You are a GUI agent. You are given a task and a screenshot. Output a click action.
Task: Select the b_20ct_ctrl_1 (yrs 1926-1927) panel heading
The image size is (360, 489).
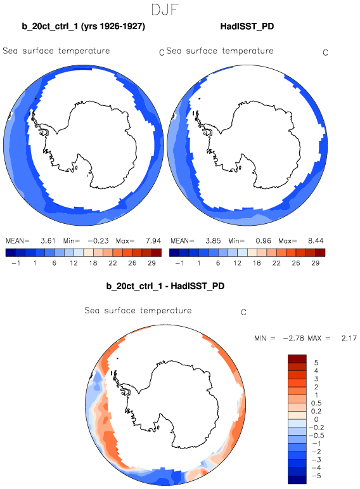[x=83, y=26]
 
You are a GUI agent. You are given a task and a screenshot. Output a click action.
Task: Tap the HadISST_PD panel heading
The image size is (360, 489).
[x=247, y=26]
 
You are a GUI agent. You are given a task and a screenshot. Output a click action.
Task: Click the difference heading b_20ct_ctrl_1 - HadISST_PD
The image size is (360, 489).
[x=165, y=286]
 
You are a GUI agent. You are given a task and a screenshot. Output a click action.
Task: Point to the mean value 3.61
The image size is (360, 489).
[x=48, y=241]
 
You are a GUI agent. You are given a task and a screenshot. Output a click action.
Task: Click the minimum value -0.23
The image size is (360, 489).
[x=98, y=241]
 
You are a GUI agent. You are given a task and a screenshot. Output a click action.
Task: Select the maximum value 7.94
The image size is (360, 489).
[x=153, y=241]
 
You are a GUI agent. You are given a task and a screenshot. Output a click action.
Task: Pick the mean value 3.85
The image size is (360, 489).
[x=213, y=241]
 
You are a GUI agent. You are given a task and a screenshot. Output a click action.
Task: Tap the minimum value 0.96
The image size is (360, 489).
[x=264, y=241]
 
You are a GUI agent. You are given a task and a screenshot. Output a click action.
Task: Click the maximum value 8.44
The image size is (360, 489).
[x=316, y=241]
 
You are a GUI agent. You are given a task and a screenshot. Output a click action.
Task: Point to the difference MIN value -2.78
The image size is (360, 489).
[x=293, y=338]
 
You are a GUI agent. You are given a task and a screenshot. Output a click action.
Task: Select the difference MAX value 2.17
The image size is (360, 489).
[x=349, y=338]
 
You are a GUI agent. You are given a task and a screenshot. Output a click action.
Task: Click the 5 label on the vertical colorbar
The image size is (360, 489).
[x=316, y=363]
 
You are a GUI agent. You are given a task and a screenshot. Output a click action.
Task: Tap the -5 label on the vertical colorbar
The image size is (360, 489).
[x=316, y=476]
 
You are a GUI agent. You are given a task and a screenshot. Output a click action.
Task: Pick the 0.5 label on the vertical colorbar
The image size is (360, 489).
[x=316, y=403]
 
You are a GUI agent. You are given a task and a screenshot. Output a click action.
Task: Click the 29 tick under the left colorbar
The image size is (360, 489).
[x=151, y=263]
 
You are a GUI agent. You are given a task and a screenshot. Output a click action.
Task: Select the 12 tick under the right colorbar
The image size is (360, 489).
[x=237, y=263]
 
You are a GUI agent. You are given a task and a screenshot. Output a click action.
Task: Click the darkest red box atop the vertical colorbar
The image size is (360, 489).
[x=297, y=358]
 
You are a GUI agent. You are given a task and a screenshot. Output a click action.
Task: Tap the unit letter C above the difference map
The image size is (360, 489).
[x=244, y=312]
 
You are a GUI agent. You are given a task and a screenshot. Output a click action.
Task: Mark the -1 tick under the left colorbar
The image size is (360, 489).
[x=16, y=263]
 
